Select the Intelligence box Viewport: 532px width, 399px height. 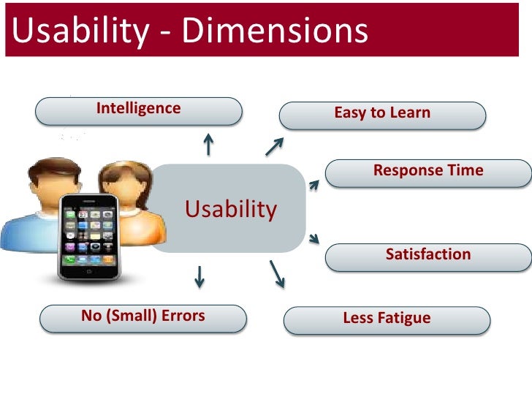pos(139,110)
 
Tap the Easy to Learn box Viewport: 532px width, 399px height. pos(383,115)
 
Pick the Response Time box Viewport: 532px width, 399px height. pos(428,172)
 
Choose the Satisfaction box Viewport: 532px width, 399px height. pos(428,256)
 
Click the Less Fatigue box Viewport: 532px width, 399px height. pos(387,319)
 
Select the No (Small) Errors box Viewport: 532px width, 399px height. pos(143,318)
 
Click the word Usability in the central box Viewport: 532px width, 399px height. pos(231,210)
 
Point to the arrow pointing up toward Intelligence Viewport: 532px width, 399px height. pos(209,143)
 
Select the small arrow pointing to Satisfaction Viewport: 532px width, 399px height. pos(314,237)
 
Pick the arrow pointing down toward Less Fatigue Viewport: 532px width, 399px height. pos(278,272)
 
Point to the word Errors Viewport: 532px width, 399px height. pos(180,316)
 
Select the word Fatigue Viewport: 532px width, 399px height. pos(404,319)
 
